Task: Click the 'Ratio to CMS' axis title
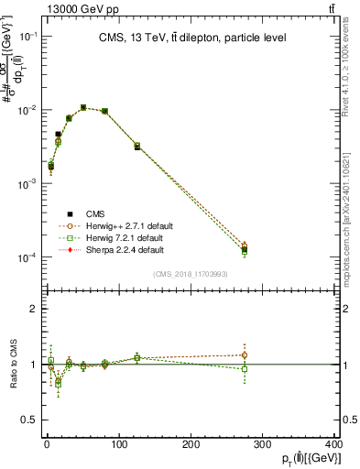[12, 364]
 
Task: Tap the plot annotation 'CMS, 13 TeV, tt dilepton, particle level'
[185, 38]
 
